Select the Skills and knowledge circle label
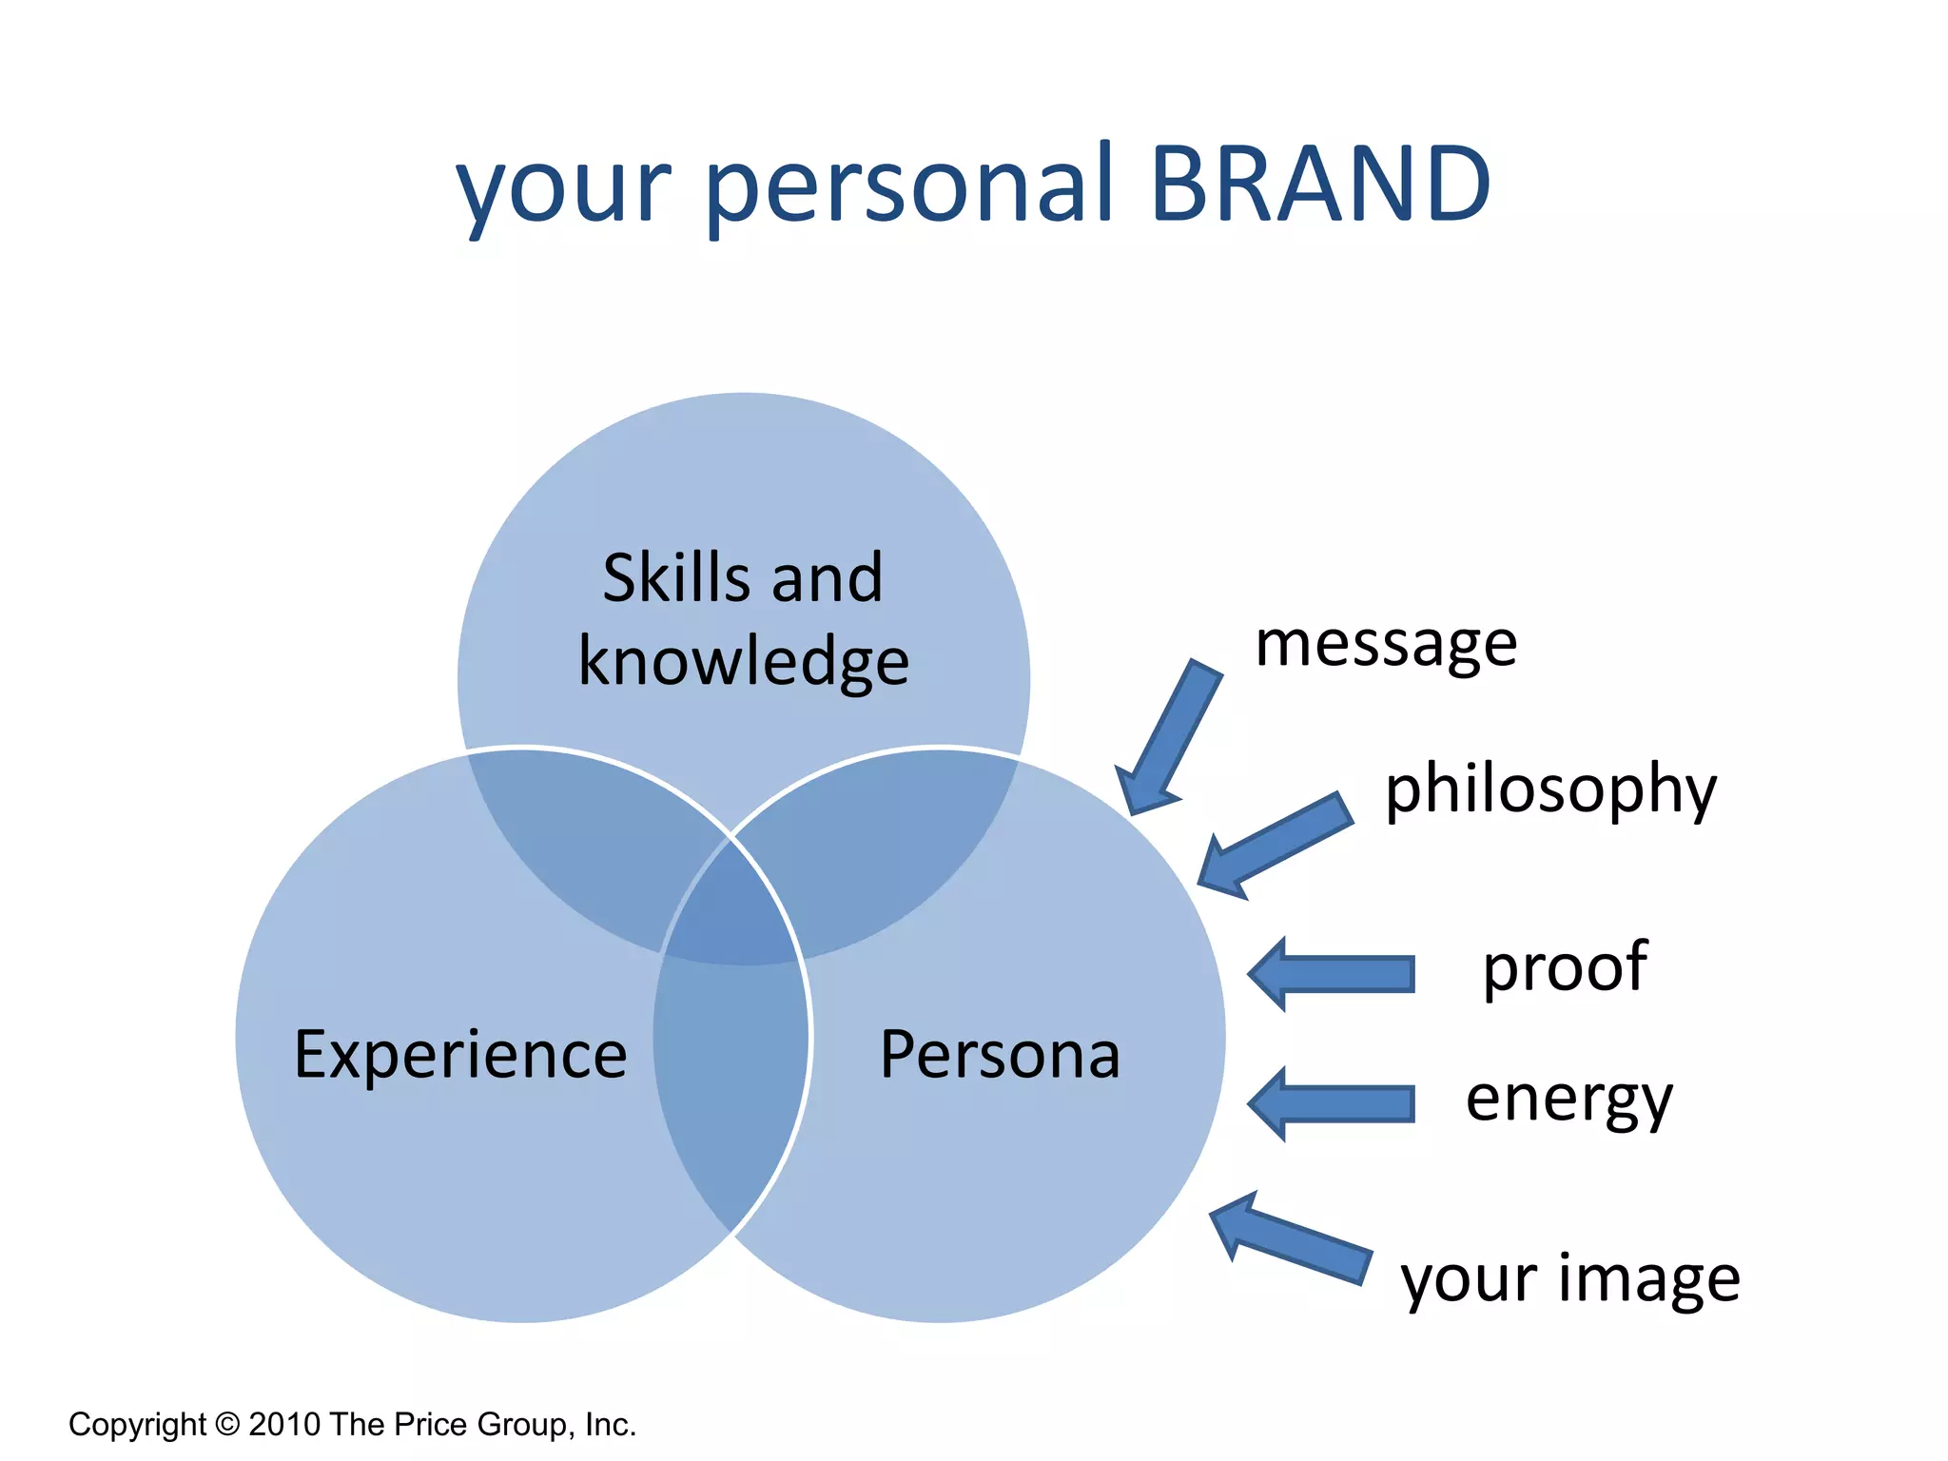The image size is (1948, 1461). [x=744, y=618]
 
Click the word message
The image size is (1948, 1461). [x=1386, y=645]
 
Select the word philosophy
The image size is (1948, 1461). [x=1550, y=789]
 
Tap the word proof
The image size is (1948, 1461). [x=1565, y=968]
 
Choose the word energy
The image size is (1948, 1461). [x=1568, y=1100]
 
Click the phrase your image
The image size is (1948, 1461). [x=1570, y=1279]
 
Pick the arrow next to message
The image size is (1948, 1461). [x=1168, y=738]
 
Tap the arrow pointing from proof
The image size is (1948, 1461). [x=1332, y=974]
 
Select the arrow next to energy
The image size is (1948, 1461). [x=1332, y=1104]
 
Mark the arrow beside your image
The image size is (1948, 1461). [x=1289, y=1237]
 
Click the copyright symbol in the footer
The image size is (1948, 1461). [x=228, y=1424]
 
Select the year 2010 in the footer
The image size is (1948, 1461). [x=284, y=1424]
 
